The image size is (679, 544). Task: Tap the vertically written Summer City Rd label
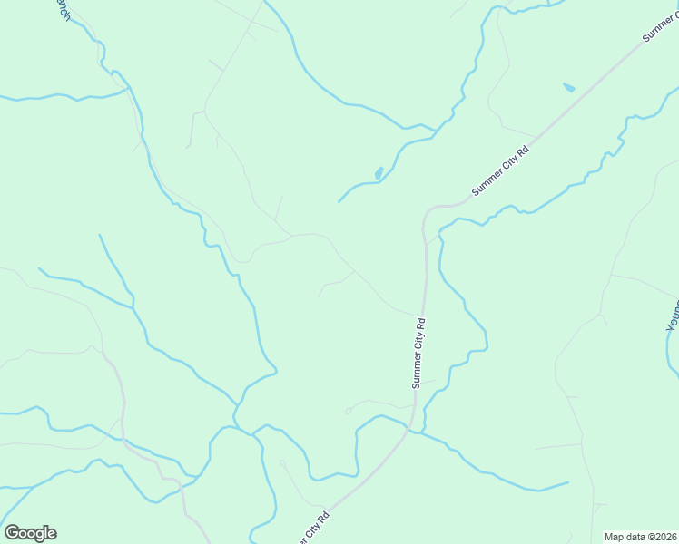click(x=418, y=353)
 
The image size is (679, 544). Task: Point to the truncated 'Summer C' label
click(x=660, y=23)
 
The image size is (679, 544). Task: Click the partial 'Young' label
click(x=673, y=314)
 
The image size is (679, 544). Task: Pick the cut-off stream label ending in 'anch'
click(x=62, y=11)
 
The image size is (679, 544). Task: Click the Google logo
click(x=30, y=533)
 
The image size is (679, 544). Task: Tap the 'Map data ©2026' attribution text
click(x=640, y=537)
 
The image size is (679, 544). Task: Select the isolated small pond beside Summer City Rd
click(x=568, y=88)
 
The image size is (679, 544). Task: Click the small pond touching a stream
click(x=379, y=173)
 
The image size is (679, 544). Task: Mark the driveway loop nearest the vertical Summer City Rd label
click(x=349, y=411)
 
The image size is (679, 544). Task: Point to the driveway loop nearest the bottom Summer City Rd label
click(x=282, y=463)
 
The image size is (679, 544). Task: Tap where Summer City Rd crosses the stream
click(x=416, y=427)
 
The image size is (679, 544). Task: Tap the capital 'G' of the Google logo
click(x=12, y=533)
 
